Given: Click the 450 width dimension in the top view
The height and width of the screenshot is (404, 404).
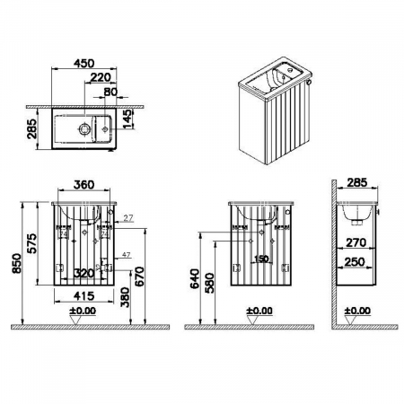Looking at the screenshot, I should pos(83,63).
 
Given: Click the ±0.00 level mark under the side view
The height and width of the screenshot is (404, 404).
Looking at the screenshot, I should pos(358,312).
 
